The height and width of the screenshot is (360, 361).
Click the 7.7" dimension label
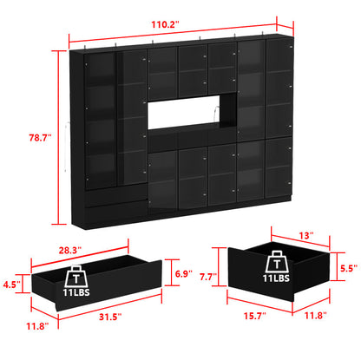click(208, 278)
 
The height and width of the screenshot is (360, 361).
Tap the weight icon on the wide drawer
click(77, 277)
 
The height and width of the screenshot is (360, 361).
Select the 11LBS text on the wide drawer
click(77, 295)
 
